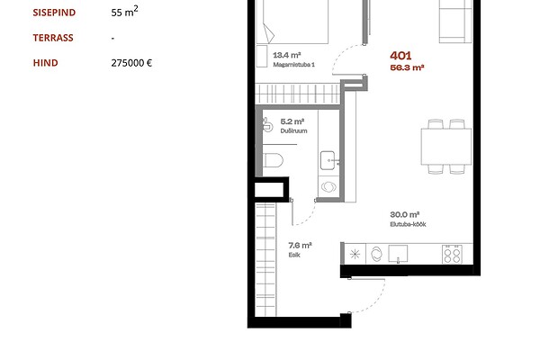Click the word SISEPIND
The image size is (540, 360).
point(54,13)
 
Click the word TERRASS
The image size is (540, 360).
point(53,38)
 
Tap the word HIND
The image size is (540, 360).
point(46,63)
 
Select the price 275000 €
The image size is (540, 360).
point(131,63)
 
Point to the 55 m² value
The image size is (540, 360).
point(125,12)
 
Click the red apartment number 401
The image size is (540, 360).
point(400,56)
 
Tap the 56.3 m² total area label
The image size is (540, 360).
point(407,67)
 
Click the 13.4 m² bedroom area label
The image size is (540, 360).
point(287,55)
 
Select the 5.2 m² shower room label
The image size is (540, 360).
point(292,121)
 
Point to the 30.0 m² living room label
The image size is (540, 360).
point(404,214)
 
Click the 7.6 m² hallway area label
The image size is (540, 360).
point(300,246)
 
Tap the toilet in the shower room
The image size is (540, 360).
point(273,160)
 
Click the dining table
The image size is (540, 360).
point(446,147)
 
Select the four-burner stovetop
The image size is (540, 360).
point(452,254)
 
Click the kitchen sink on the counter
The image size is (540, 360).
point(398,254)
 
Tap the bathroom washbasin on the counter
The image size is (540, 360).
point(328,160)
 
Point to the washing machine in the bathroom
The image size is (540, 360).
point(328,187)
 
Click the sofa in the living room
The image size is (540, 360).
point(455,22)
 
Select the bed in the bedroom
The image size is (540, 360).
point(295,22)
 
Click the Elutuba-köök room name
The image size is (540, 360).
point(408,224)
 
